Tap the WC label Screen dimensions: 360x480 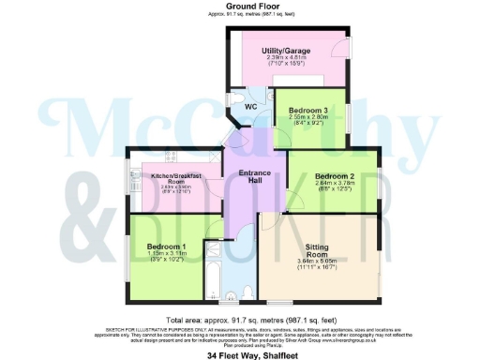point(250,107)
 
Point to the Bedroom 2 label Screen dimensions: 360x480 point(335,175)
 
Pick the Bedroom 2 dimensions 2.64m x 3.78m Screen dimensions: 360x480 point(335,185)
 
